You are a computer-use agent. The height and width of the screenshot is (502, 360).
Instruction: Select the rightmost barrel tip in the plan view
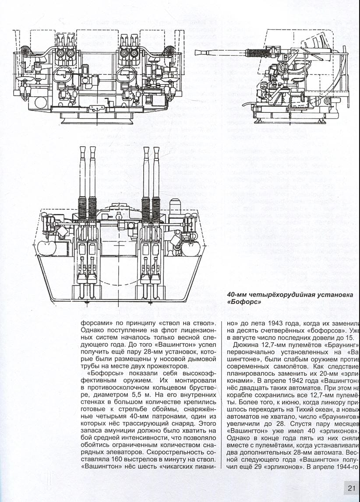pyautogui.click(x=156, y=149)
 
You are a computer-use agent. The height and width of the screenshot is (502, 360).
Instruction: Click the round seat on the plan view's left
pyautogui.click(x=47, y=248)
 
